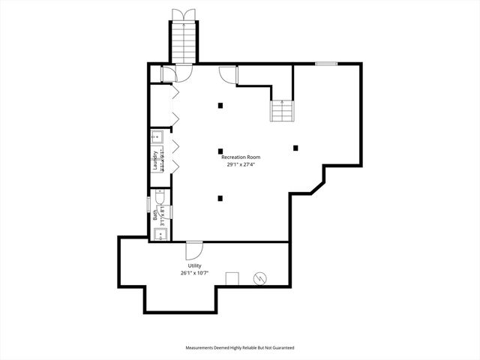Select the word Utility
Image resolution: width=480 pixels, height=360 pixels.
pyautogui.click(x=194, y=266)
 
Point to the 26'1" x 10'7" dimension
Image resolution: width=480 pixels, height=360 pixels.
pyautogui.click(x=194, y=274)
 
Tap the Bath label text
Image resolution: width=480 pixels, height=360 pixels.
pyautogui.click(x=156, y=214)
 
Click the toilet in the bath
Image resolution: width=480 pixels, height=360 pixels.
pyautogui.click(x=160, y=196)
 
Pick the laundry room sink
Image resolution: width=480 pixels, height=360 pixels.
pyautogui.click(x=158, y=136)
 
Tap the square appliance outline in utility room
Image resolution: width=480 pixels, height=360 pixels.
pyautogui.click(x=232, y=279)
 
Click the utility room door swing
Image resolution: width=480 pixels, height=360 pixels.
pyautogui.click(x=193, y=250)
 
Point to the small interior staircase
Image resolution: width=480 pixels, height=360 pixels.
pyautogui.click(x=282, y=111)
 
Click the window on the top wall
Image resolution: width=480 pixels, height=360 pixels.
pyautogui.click(x=325, y=64)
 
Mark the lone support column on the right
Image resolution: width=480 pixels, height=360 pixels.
pyautogui.click(x=296, y=148)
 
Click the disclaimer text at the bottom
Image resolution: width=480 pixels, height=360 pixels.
pyautogui.click(x=239, y=348)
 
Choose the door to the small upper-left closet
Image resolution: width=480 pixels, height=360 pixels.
pyautogui.click(x=168, y=73)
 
